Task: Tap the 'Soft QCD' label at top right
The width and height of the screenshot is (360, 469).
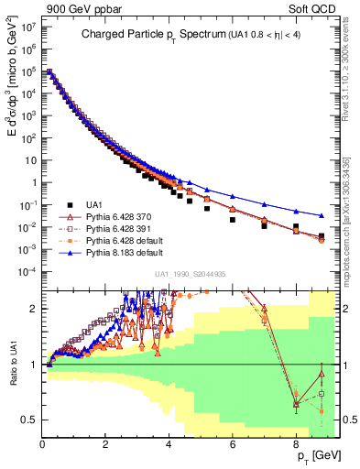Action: pyautogui.click(x=313, y=7)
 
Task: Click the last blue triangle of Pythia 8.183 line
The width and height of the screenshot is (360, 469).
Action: pyautogui.click(x=321, y=216)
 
